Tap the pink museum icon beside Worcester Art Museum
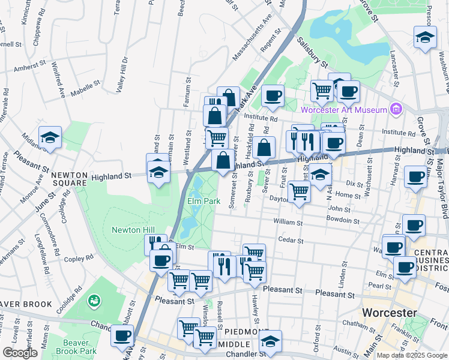pyautogui.click(x=396, y=109)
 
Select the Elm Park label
pyautogui.click(x=200, y=201)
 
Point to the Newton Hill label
pyautogui.click(x=133, y=230)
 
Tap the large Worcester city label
pyautogui.click(x=389, y=313)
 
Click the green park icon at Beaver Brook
pyautogui.click(x=93, y=299)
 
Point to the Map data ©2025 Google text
pyautogui.click(x=411, y=355)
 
